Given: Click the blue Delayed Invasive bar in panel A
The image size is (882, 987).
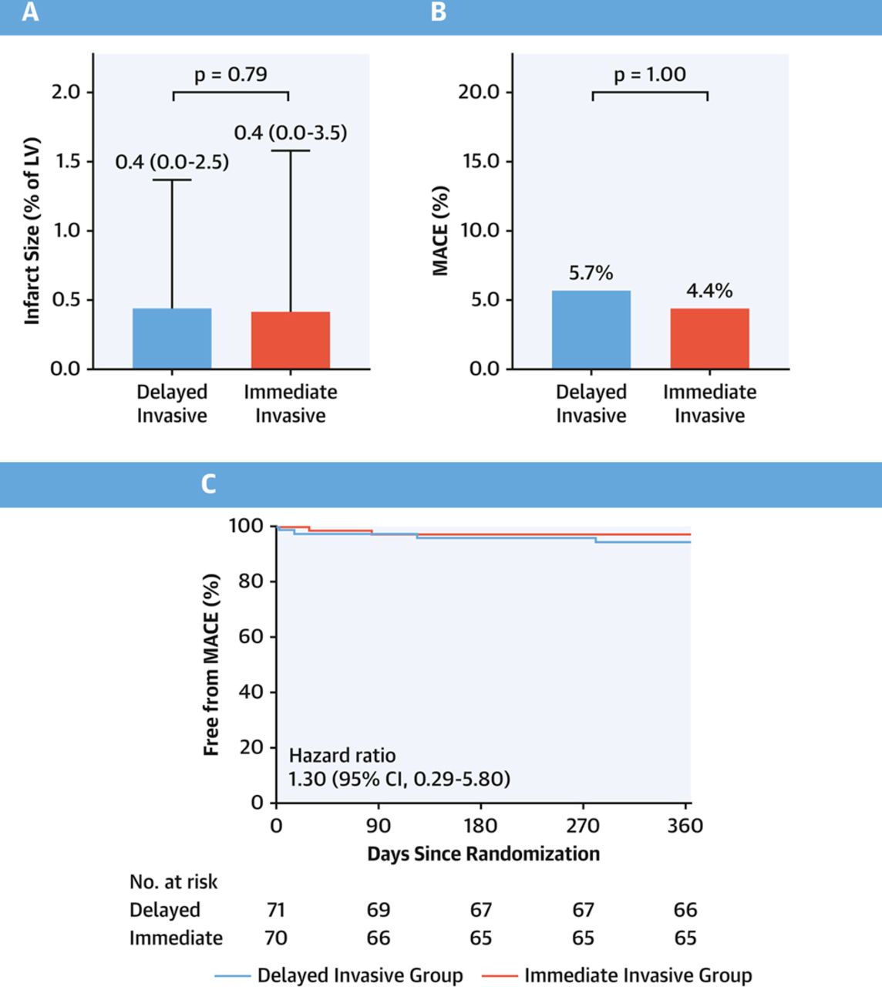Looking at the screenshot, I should pos(172,339).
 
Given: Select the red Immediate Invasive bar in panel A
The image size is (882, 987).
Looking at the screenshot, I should pos(291,340).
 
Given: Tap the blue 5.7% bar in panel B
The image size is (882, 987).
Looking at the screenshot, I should pos(591,329).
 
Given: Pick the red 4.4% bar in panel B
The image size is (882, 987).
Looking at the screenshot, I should pos(709,339).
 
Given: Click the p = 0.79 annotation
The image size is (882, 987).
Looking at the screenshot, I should pos(231,75).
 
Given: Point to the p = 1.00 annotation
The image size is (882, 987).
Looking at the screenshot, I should pos(650,75).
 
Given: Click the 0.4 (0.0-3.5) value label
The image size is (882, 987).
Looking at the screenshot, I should pos(291,133).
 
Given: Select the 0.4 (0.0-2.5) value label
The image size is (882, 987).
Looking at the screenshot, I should pos(172,163).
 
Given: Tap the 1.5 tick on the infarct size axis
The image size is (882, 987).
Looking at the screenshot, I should pos(66,161).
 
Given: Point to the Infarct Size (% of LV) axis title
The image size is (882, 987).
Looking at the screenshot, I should pos(32,231).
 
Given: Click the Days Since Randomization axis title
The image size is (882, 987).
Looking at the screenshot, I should pos(483,854).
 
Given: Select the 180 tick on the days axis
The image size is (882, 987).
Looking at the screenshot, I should pos(480,826).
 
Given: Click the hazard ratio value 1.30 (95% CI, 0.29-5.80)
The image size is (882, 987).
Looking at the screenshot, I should pos(399,779).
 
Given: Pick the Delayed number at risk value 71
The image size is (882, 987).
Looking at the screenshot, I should pos(276,910).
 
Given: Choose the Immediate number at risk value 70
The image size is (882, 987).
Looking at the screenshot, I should pos(276,938).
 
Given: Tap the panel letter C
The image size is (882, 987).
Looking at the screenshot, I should pos(208,484).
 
